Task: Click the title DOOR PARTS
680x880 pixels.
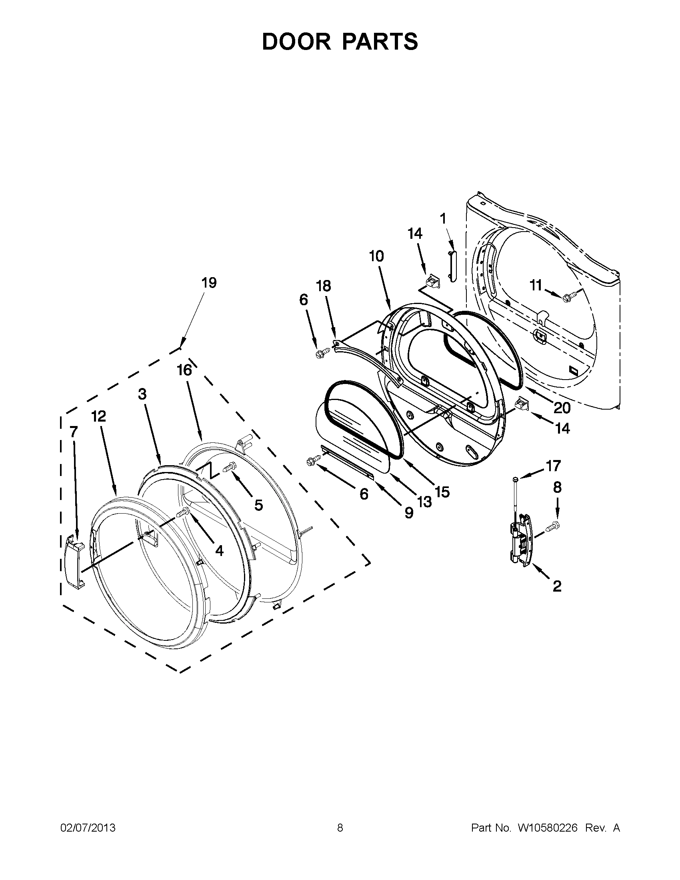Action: [340, 42]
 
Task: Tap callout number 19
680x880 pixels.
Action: [209, 283]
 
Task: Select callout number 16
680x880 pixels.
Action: [184, 370]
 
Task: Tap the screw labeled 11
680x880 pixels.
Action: [568, 297]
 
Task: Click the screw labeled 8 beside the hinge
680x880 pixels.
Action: [554, 526]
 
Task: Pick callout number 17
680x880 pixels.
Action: [553, 466]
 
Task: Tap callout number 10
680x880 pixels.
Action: [376, 256]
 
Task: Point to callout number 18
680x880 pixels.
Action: [323, 286]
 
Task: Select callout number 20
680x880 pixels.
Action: [562, 408]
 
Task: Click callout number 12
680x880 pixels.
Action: [98, 416]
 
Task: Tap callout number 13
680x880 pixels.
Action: [424, 502]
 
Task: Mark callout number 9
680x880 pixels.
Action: [408, 512]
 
